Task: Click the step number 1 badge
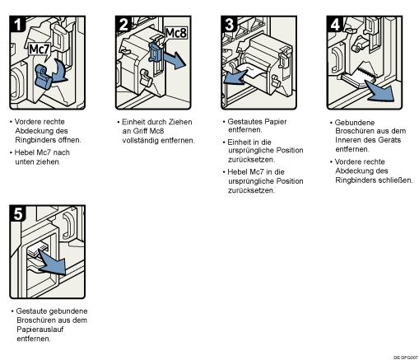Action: tap(17, 24)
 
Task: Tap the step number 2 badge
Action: tap(123, 24)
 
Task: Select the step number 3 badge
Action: tap(229, 24)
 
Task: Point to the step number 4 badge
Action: tap(335, 24)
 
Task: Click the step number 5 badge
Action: tap(17, 213)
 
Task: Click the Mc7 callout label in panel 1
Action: tap(40, 49)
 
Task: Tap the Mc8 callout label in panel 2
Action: tap(176, 33)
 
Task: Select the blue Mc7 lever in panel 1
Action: tap(43, 77)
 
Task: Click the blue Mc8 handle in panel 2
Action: tap(156, 52)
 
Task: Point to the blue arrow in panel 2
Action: tap(175, 60)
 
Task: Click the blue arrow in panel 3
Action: tap(235, 77)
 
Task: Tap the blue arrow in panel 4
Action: tap(381, 92)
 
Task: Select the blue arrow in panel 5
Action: tap(53, 262)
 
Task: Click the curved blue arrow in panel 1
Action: tap(59, 71)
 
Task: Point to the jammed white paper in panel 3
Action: tap(250, 71)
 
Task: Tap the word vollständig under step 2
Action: tap(140, 140)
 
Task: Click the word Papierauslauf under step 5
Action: tap(40, 330)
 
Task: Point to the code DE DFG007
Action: tap(406, 358)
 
